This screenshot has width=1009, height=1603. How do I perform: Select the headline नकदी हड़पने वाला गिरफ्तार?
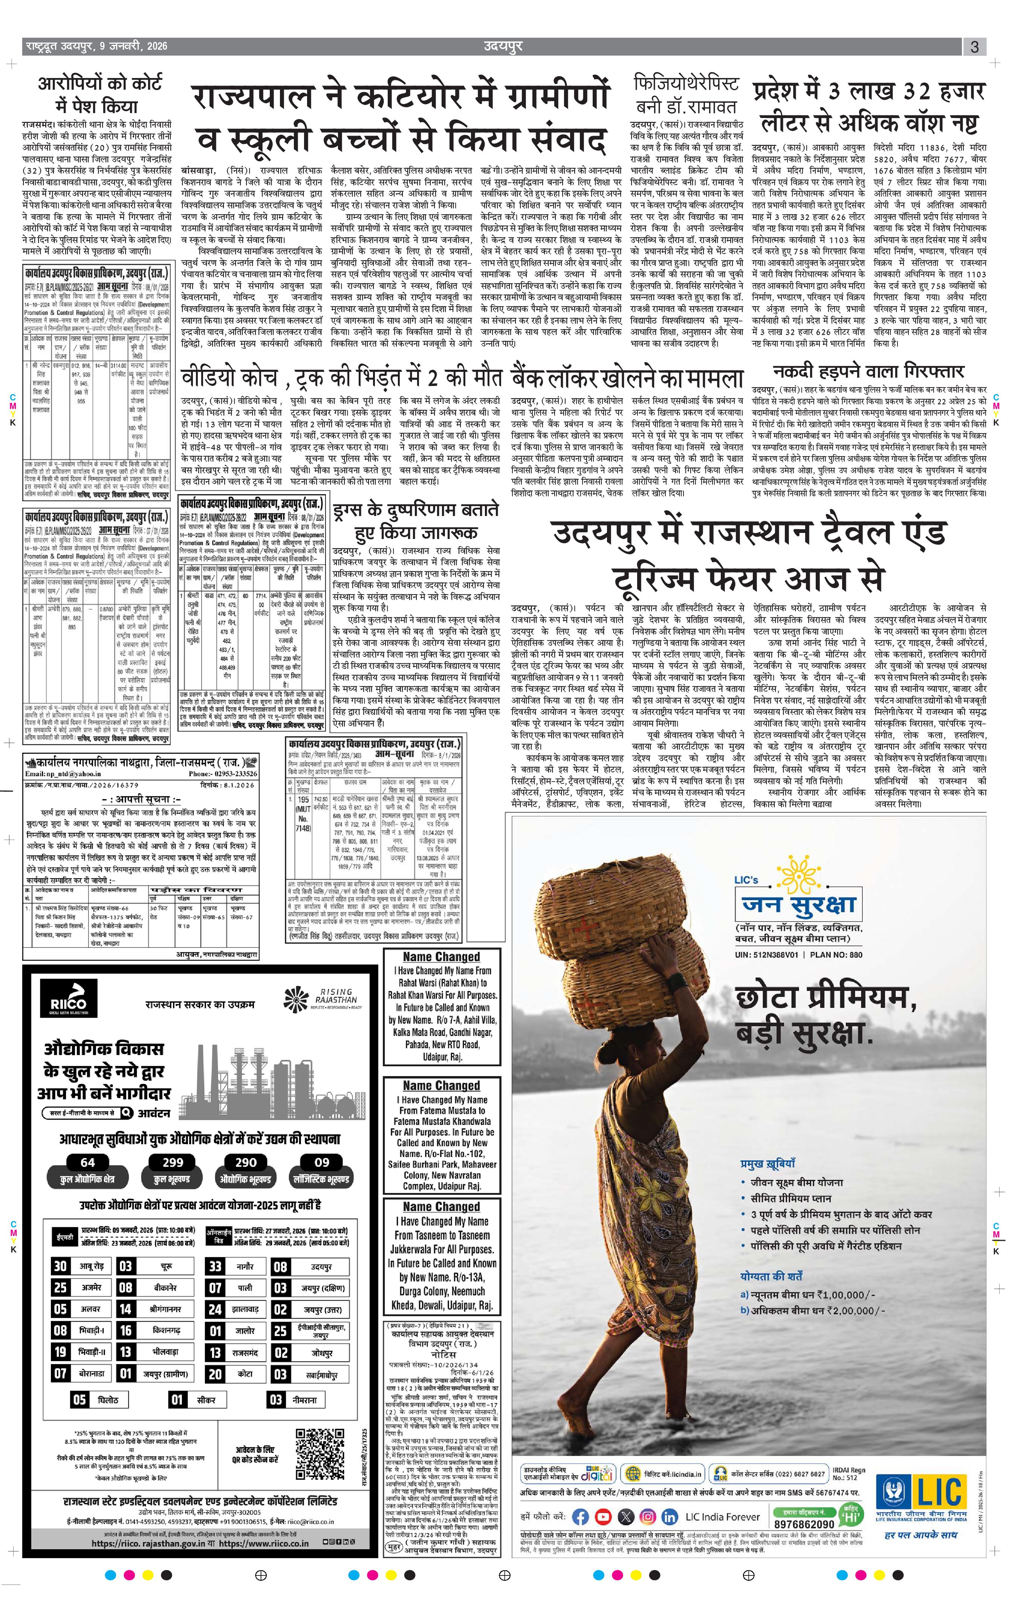[868, 372]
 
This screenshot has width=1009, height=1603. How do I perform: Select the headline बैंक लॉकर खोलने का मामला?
[627, 378]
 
